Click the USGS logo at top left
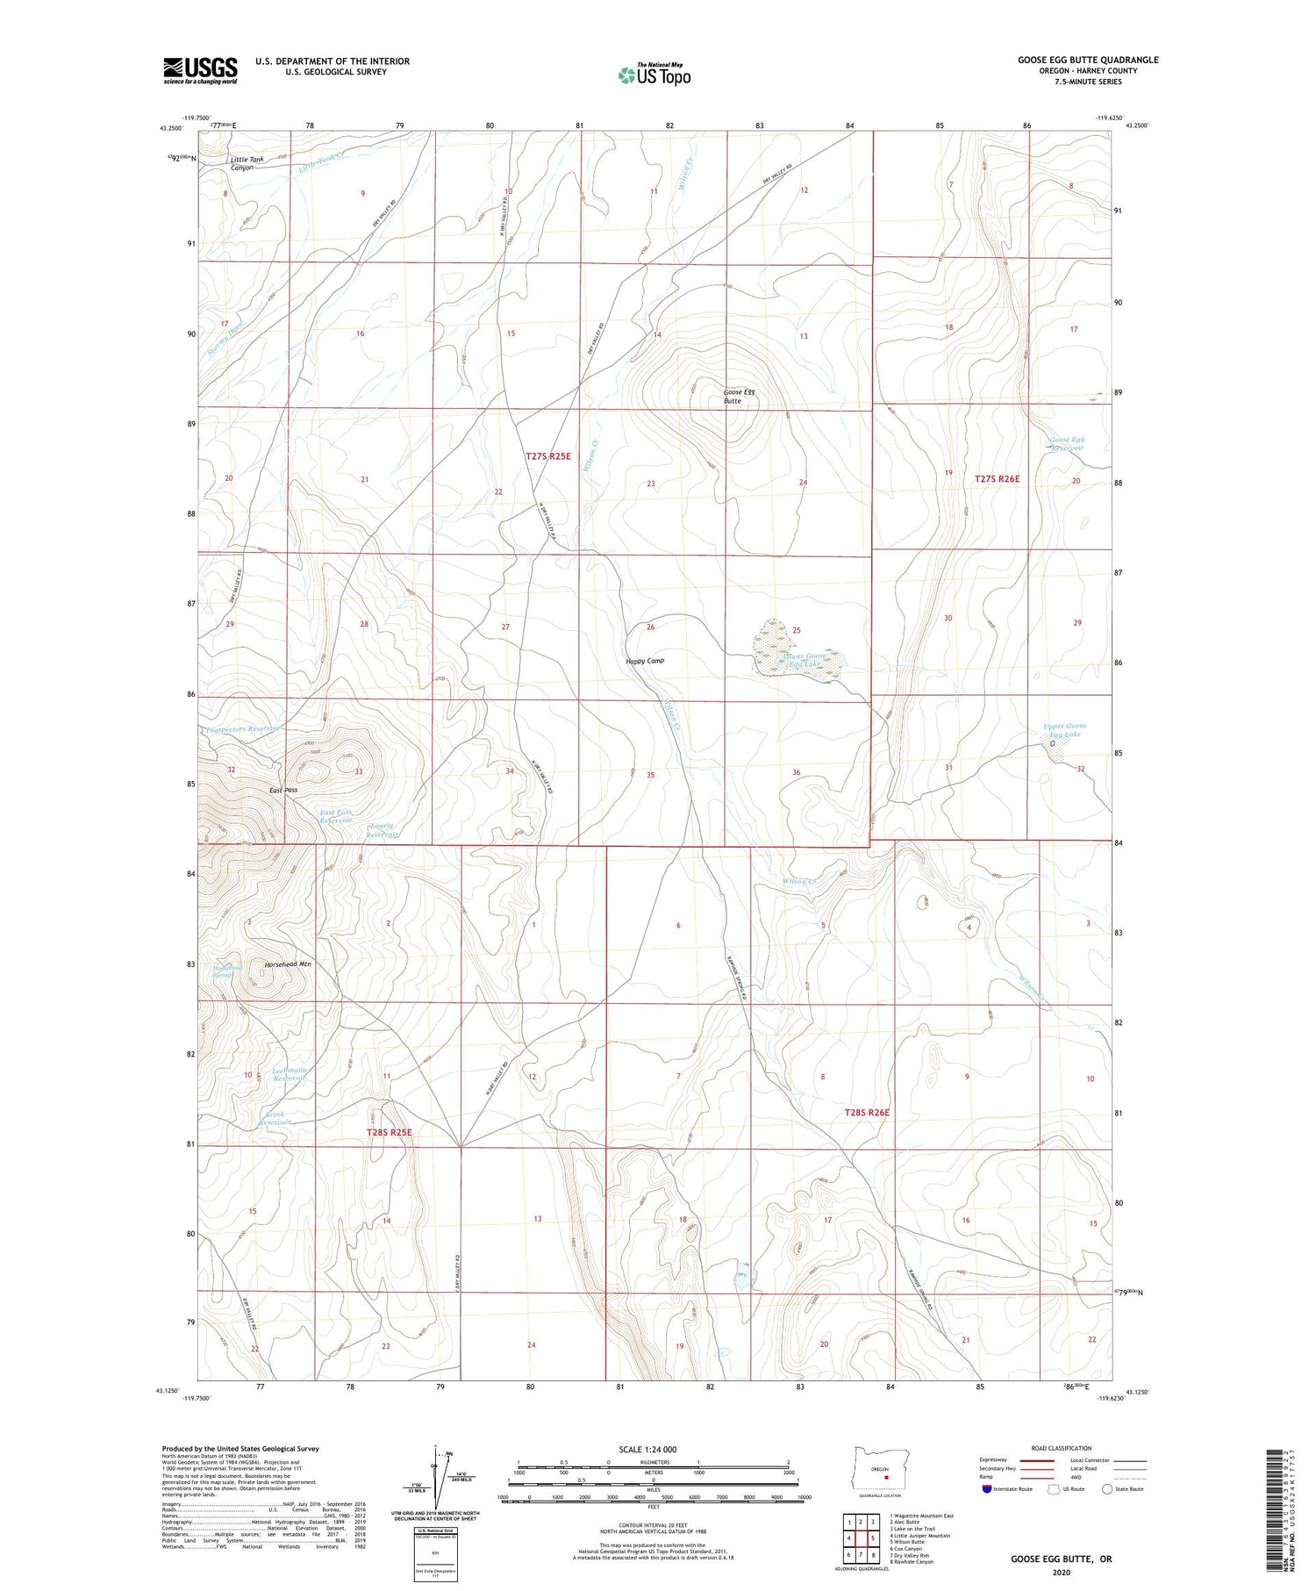tap(200, 70)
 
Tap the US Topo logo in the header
tap(654, 75)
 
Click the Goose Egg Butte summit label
tap(738, 397)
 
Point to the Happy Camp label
tap(645, 661)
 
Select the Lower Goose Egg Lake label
tap(805, 660)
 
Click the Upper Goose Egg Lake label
tap(1064, 730)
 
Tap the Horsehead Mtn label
tap(288, 964)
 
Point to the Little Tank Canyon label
tap(241, 163)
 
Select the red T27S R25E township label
tap(548, 456)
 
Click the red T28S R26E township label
tap(867, 1113)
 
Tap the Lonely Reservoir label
tap(382, 830)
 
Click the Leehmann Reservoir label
tap(289, 1074)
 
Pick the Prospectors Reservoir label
tap(243, 729)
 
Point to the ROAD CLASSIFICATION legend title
tap(1062, 1448)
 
